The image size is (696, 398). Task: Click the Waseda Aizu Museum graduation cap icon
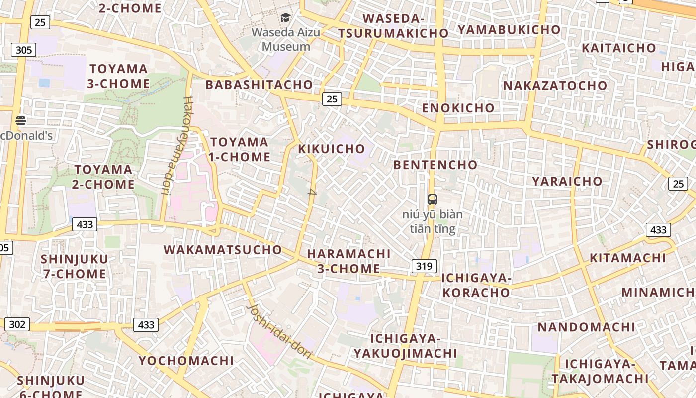coord(285,18)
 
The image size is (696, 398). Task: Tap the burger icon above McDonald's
coord(20,120)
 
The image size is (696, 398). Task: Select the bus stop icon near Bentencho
coord(432,199)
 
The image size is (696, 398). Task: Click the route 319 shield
coord(424,266)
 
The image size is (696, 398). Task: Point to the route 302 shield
coord(17,324)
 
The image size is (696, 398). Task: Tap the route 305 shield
coord(23,50)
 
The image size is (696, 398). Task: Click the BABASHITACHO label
coord(259,85)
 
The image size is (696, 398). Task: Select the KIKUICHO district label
coord(332,149)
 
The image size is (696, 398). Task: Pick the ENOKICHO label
coord(458,108)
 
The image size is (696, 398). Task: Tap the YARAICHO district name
coord(567,181)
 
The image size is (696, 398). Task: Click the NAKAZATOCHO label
coord(555,86)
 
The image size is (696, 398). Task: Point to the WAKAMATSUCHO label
coord(223,250)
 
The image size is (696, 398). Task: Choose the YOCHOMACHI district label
coord(186,361)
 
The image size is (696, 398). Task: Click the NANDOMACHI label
coord(586,327)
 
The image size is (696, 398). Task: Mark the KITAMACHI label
coord(627,258)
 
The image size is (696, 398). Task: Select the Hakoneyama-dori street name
coord(177,145)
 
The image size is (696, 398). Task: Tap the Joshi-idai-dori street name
coord(279,332)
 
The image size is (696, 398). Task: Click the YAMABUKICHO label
coord(509,30)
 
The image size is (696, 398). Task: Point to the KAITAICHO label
coord(618,48)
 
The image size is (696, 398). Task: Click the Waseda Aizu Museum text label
coord(286,40)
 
